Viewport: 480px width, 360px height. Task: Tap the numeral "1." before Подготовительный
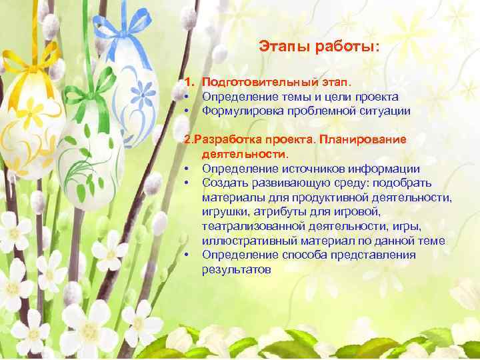tap(190, 82)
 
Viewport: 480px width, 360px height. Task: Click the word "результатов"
tap(237, 269)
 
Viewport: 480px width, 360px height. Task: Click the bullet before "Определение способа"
tap(189, 255)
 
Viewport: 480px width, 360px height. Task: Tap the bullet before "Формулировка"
tap(189, 111)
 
